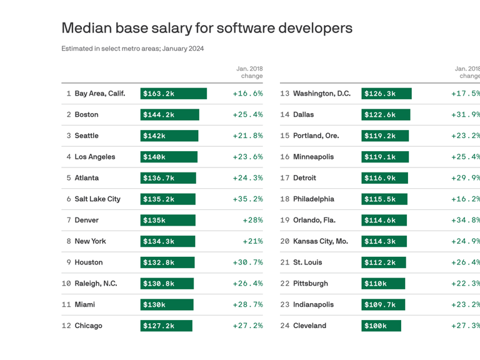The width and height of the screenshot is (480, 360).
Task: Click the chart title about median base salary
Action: click(x=207, y=28)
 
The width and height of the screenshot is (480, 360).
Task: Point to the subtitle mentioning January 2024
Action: click(x=132, y=49)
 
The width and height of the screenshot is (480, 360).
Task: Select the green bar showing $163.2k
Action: click(x=173, y=94)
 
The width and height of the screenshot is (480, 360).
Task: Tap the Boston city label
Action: click(x=86, y=115)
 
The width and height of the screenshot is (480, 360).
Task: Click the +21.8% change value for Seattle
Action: click(x=247, y=136)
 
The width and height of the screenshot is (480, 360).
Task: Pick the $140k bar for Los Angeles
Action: click(x=169, y=157)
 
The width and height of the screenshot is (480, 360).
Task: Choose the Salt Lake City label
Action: click(x=97, y=199)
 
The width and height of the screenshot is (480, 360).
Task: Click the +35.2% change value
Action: click(x=247, y=199)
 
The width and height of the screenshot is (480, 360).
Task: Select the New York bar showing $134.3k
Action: click(x=167, y=241)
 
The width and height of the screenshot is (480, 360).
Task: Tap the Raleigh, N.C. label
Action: click(x=96, y=284)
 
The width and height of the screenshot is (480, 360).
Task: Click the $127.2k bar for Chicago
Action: click(x=166, y=326)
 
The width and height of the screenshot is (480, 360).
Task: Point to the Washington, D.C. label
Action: click(x=321, y=94)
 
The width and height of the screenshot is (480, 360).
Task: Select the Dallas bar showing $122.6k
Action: click(x=386, y=115)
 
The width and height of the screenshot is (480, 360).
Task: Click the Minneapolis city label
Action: click(x=313, y=157)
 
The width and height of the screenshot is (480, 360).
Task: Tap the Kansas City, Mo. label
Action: click(x=320, y=241)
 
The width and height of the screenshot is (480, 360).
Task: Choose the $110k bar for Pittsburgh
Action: click(x=383, y=284)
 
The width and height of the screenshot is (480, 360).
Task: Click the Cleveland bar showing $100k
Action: click(x=381, y=326)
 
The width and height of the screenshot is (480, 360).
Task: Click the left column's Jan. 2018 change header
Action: click(x=249, y=72)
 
